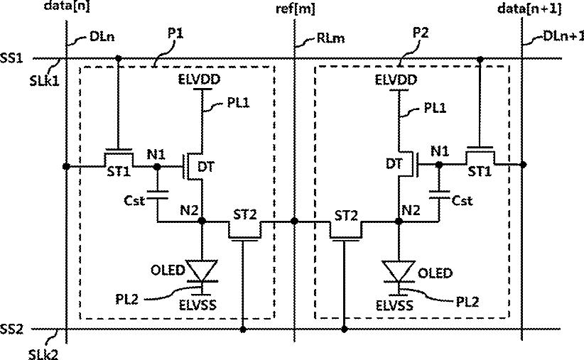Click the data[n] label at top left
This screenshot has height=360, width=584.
coord(67,6)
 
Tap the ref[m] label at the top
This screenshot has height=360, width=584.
coord(296,9)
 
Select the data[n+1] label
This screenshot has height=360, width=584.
coord(529,9)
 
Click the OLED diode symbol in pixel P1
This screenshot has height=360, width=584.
coord(202,271)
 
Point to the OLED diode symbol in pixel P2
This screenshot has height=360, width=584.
coord(399,271)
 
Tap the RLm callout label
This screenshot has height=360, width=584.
coord(330,38)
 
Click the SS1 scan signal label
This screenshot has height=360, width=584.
coord(11,58)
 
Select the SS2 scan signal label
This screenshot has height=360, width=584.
coord(11,329)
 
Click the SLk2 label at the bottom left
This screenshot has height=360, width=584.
coord(43,354)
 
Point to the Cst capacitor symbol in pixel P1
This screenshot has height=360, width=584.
coord(157,195)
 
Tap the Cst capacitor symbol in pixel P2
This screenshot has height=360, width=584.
coord(439,195)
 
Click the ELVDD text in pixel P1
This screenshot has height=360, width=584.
coord(199,80)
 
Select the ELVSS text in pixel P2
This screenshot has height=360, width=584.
coord(394,305)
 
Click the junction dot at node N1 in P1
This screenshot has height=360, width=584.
coord(157,167)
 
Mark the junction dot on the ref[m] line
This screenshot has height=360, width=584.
coord(294,221)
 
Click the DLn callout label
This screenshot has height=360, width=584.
coord(102,37)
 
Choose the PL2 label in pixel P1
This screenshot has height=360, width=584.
coord(126,299)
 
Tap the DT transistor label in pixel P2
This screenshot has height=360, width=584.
coord(394,163)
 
